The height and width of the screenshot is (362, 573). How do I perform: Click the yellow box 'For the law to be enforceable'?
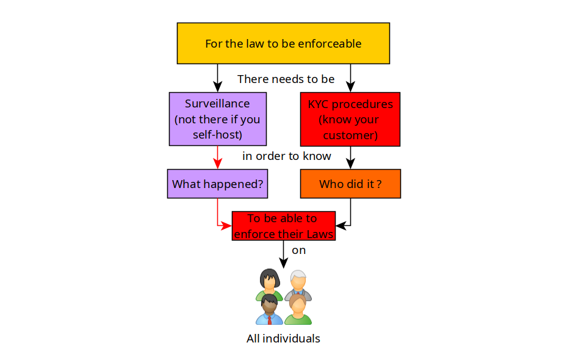pos(283,43)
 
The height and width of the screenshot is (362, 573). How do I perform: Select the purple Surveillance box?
pos(217,118)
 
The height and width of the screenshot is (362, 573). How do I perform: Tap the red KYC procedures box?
pos(350,119)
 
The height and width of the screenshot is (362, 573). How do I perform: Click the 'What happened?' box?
pos(218,184)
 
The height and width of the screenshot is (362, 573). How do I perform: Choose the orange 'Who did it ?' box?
pos(350,184)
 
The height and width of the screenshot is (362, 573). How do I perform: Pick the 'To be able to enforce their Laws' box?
pos(283,226)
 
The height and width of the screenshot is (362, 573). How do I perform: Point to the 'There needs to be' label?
pos(286,79)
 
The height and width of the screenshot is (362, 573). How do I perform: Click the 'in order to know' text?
pos(286,156)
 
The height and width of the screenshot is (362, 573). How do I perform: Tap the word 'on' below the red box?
pos(298,250)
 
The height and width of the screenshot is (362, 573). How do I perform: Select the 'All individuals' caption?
pos(283,338)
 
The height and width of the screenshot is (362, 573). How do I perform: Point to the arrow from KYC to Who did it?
pos(350,158)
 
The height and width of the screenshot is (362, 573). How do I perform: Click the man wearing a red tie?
pos(269,309)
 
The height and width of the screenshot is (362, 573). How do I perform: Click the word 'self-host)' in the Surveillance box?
pos(217,134)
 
